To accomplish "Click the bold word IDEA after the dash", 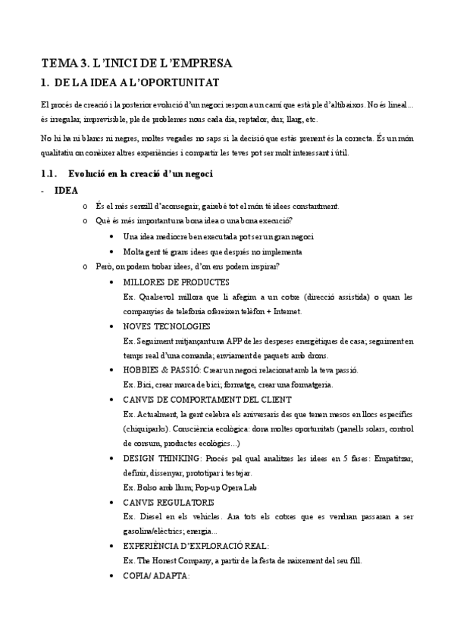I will pos(66,190).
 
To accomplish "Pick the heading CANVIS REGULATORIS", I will pos(158,502).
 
